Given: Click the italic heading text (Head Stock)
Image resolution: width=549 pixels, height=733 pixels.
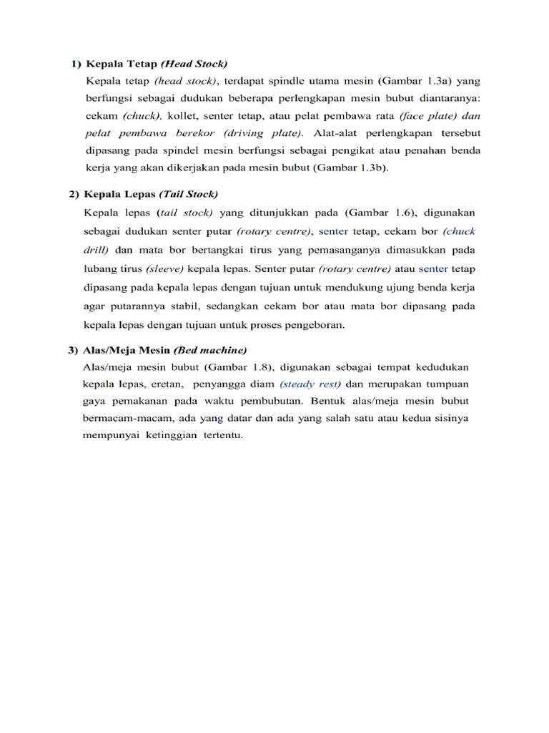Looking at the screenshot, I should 194,64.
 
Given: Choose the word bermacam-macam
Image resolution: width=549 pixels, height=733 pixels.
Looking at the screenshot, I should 119,419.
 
